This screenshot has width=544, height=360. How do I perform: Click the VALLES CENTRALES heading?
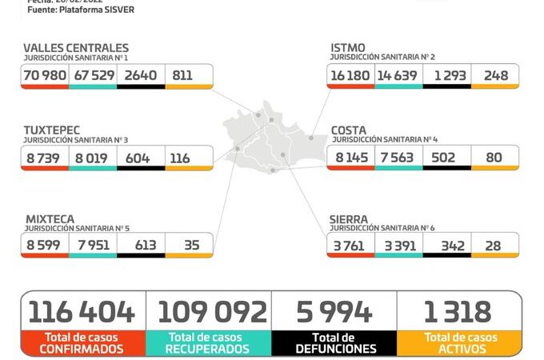click(76, 48)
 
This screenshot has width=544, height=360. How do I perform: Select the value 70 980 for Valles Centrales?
click(45, 75)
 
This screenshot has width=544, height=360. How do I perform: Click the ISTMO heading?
click(349, 48)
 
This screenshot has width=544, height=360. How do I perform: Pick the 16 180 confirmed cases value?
click(350, 75)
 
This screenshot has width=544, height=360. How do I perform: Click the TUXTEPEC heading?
click(52, 130)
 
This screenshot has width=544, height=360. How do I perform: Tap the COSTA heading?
click(350, 130)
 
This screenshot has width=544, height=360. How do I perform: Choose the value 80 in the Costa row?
click(494, 158)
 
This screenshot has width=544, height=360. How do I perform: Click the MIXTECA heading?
click(49, 218)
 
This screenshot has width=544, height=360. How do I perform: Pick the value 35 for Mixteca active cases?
click(190, 245)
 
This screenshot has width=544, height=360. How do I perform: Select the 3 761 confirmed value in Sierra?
click(350, 245)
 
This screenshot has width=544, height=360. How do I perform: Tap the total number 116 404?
click(82, 311)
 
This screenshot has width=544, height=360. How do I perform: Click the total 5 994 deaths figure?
click(334, 311)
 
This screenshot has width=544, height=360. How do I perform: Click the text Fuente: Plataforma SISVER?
click(81, 10)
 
